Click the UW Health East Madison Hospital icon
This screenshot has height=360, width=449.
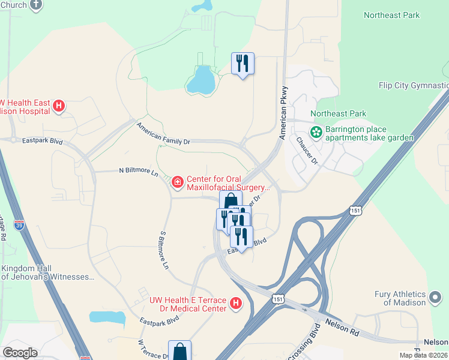pyautogui.click(x=59, y=106)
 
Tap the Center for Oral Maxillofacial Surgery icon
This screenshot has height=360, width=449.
pyautogui.click(x=177, y=181)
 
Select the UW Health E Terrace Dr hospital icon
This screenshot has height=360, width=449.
pyautogui.click(x=236, y=304)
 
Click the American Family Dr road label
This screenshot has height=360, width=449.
pyautogui.click(x=163, y=133)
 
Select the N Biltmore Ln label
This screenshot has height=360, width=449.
pyautogui.click(x=138, y=171)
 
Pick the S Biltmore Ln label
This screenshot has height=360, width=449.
pyautogui.click(x=163, y=250)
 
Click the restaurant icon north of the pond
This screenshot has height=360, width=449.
pyautogui.click(x=243, y=62)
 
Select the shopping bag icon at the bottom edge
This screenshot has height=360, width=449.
pyautogui.click(x=179, y=350)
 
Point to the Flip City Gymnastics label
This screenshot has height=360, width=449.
pyautogui.click(x=414, y=86)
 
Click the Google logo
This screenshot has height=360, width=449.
pyautogui.click(x=20, y=353)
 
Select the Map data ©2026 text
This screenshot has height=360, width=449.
pyautogui.click(x=424, y=355)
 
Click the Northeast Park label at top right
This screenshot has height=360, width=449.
pyautogui.click(x=391, y=15)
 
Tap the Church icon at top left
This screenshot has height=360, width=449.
pyautogui.click(x=36, y=5)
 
